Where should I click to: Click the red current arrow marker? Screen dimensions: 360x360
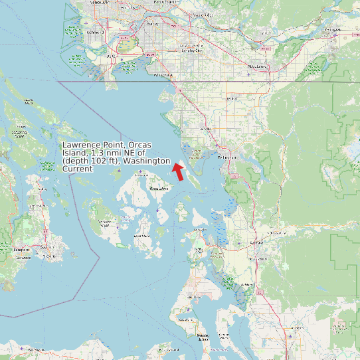point(177,172)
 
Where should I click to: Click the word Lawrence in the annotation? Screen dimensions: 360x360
point(81,145)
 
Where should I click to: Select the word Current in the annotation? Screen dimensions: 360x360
point(78,169)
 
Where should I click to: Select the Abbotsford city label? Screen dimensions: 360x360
point(256,66)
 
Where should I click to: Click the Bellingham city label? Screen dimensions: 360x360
point(227,157)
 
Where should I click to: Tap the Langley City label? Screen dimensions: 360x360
point(191,50)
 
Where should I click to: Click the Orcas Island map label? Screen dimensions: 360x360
point(159,189)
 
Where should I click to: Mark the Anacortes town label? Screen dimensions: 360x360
point(199,230)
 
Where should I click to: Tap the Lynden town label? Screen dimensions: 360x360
point(231,98)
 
